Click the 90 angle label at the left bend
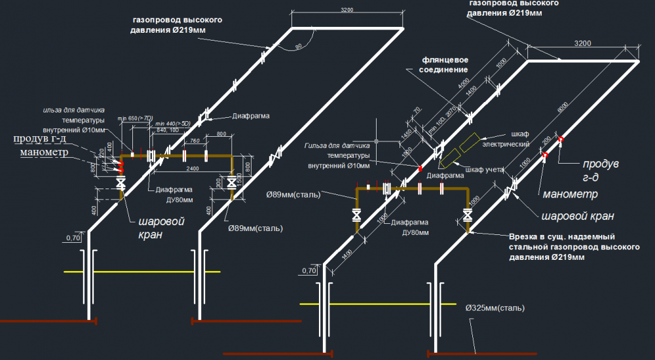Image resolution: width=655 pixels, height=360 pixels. click(x=299, y=46)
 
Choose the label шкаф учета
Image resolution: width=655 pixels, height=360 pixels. click(x=484, y=170)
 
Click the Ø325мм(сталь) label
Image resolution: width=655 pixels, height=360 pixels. click(x=496, y=307)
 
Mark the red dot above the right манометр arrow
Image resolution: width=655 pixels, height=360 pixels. click(x=545, y=154)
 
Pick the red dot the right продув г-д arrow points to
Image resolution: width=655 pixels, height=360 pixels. click(x=561, y=139)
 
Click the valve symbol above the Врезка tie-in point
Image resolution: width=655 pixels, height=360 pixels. click(x=468, y=214)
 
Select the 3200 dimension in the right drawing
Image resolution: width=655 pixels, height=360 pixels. click(x=583, y=43)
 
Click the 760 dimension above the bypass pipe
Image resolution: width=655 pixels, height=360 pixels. click(x=195, y=141)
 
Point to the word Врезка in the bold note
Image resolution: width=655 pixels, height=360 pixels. click(x=524, y=236)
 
